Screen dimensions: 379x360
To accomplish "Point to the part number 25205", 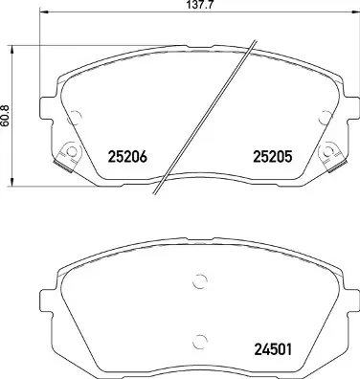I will (x=271, y=157).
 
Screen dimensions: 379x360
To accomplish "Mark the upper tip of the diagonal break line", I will (x=254, y=39).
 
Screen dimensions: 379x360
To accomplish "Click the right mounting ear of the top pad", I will (x=348, y=98).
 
